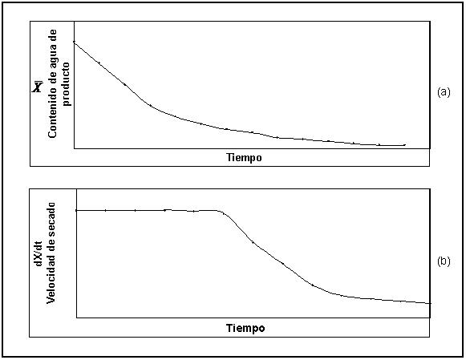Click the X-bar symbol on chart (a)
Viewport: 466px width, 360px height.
tap(38, 86)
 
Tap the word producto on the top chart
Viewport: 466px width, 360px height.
tap(66, 84)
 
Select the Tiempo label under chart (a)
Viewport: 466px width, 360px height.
tap(245, 157)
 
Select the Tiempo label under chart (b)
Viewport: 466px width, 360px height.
tap(245, 328)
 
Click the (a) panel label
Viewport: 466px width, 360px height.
tap(444, 92)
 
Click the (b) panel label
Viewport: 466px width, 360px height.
tap(444, 261)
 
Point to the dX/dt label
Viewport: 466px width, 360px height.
tap(39, 254)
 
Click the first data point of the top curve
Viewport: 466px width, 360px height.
tap(74, 42)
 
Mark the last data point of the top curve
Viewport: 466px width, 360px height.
tap(404, 145)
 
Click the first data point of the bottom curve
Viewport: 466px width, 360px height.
tap(76, 210)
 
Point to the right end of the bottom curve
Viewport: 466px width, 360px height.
tap(430, 303)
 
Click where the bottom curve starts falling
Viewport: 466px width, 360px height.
tap(219, 211)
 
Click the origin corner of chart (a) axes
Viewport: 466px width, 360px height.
tap(74, 148)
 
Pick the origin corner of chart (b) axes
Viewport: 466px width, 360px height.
tap(77, 318)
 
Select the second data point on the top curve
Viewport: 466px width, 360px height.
tap(99, 63)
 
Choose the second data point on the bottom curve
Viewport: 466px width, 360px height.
tap(106, 210)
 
